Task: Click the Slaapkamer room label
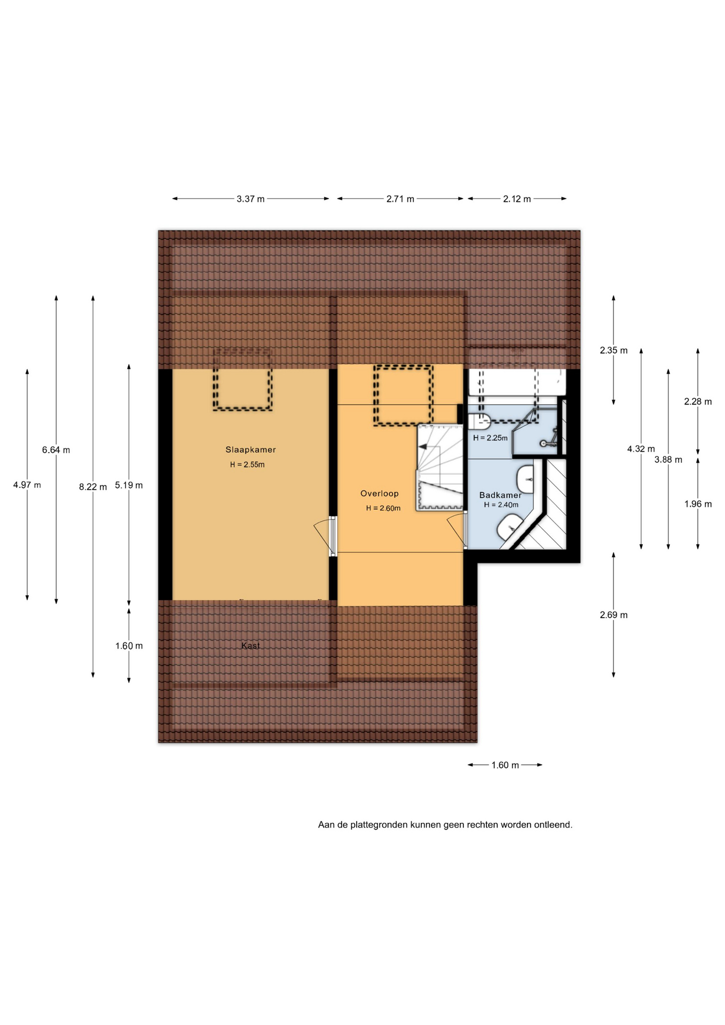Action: (250, 450)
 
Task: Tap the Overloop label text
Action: (380, 494)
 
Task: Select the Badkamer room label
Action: (500, 495)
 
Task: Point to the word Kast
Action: (250, 646)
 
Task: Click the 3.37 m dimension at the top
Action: (251, 199)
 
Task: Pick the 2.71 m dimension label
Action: (400, 199)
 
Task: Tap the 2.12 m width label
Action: (517, 199)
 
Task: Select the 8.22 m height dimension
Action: (93, 487)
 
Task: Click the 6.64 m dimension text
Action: (56, 450)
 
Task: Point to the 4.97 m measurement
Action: (27, 485)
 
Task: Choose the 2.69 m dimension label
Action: (613, 615)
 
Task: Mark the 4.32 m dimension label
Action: (641, 450)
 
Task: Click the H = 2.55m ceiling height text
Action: (247, 465)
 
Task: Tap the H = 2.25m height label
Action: (490, 438)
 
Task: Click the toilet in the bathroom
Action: (479, 421)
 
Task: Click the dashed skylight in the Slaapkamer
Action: (243, 379)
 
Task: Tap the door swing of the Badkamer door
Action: (455, 530)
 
